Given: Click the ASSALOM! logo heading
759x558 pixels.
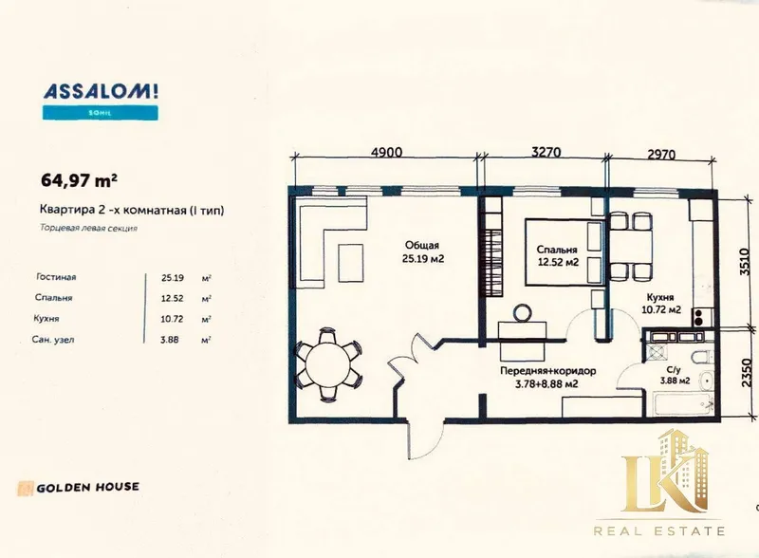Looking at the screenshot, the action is point(101,91).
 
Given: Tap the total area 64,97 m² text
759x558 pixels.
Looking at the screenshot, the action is point(79,180).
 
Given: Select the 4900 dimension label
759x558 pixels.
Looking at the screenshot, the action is point(386,152).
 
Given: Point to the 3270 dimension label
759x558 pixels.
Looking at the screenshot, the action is point(546,152).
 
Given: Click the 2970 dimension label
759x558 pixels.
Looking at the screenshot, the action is point(660,154).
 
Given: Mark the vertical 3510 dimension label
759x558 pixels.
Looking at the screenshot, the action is point(745,262).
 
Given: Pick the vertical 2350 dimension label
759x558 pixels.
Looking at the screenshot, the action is point(747,373).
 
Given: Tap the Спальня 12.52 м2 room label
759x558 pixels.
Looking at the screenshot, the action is point(558,256).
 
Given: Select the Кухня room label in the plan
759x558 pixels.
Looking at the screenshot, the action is point(660,297).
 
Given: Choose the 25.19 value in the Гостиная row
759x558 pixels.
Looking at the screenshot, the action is point(173,278).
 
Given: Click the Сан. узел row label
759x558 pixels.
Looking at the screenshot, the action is point(53,340).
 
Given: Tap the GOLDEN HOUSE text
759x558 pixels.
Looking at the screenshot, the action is point(87,487).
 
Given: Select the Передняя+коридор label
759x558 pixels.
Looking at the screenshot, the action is point(548,371).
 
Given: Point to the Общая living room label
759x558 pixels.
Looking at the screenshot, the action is point(422,245).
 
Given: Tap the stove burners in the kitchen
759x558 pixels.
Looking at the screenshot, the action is point(699,317).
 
